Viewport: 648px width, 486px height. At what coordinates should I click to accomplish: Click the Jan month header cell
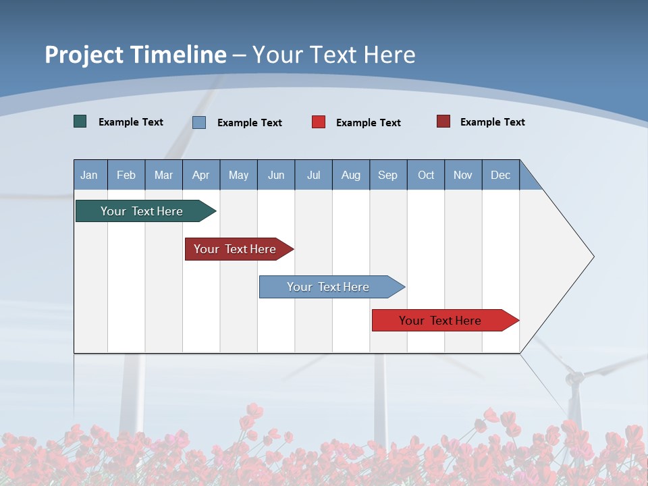[x=89, y=175]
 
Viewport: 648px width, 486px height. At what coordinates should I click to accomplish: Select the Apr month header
[x=200, y=175]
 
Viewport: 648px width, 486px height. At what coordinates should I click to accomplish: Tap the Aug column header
[x=350, y=175]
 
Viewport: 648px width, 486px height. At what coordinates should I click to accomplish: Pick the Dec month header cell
[x=500, y=175]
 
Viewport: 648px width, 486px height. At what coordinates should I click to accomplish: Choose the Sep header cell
[x=387, y=175]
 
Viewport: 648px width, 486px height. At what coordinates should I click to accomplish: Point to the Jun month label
[x=275, y=175]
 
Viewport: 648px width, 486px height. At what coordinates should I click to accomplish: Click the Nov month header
[x=462, y=175]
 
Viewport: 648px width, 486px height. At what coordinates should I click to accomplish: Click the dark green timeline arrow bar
[x=142, y=211]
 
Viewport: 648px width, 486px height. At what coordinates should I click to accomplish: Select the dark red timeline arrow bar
[x=235, y=249]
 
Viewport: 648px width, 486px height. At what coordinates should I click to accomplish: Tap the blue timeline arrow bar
[x=328, y=287]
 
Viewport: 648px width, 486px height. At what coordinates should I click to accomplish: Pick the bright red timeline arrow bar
[x=440, y=321]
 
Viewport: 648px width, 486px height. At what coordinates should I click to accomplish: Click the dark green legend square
[x=80, y=122]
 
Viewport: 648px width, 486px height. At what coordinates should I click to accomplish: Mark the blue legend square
[x=199, y=122]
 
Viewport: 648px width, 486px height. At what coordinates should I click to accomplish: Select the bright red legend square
[x=318, y=122]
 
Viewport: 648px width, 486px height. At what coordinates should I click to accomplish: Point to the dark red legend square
[x=443, y=122]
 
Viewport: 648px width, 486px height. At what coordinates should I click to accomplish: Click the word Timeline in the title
[x=177, y=55]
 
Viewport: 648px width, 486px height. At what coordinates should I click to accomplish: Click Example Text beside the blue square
[x=249, y=123]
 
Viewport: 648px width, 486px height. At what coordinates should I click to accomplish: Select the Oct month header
[x=425, y=175]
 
